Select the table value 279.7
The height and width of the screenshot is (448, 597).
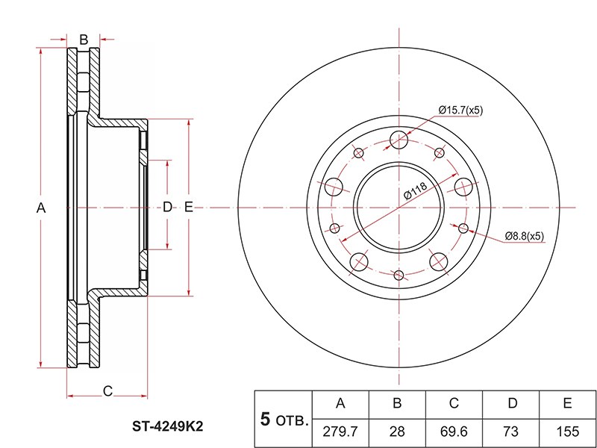pos(340,431)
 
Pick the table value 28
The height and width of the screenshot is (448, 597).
pos(397,431)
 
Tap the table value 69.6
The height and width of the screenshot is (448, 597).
pos(454,431)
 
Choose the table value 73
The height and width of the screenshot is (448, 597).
pos(512,431)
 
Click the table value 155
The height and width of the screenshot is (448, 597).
pos(567,431)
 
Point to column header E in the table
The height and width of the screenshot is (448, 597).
pos(567,404)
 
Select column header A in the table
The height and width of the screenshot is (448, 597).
pos(340,404)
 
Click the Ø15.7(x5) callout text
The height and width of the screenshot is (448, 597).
pos(460,110)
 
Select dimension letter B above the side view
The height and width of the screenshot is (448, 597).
pos(84,39)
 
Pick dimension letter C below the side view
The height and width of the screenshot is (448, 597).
pos(107,391)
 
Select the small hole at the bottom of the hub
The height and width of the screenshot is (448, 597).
pos(400,276)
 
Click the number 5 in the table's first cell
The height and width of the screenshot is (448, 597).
pos(264,418)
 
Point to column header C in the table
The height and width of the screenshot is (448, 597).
pos(454,404)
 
